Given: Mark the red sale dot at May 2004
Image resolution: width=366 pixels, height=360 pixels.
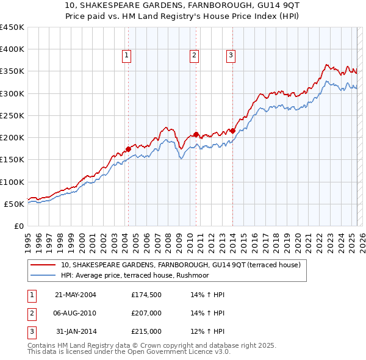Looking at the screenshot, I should [128, 148].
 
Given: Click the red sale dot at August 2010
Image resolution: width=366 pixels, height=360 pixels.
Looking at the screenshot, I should [196, 134].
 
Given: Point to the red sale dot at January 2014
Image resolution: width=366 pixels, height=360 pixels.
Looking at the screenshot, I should [233, 131].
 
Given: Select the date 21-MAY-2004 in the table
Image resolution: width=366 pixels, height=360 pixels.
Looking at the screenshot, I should [76, 295].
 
